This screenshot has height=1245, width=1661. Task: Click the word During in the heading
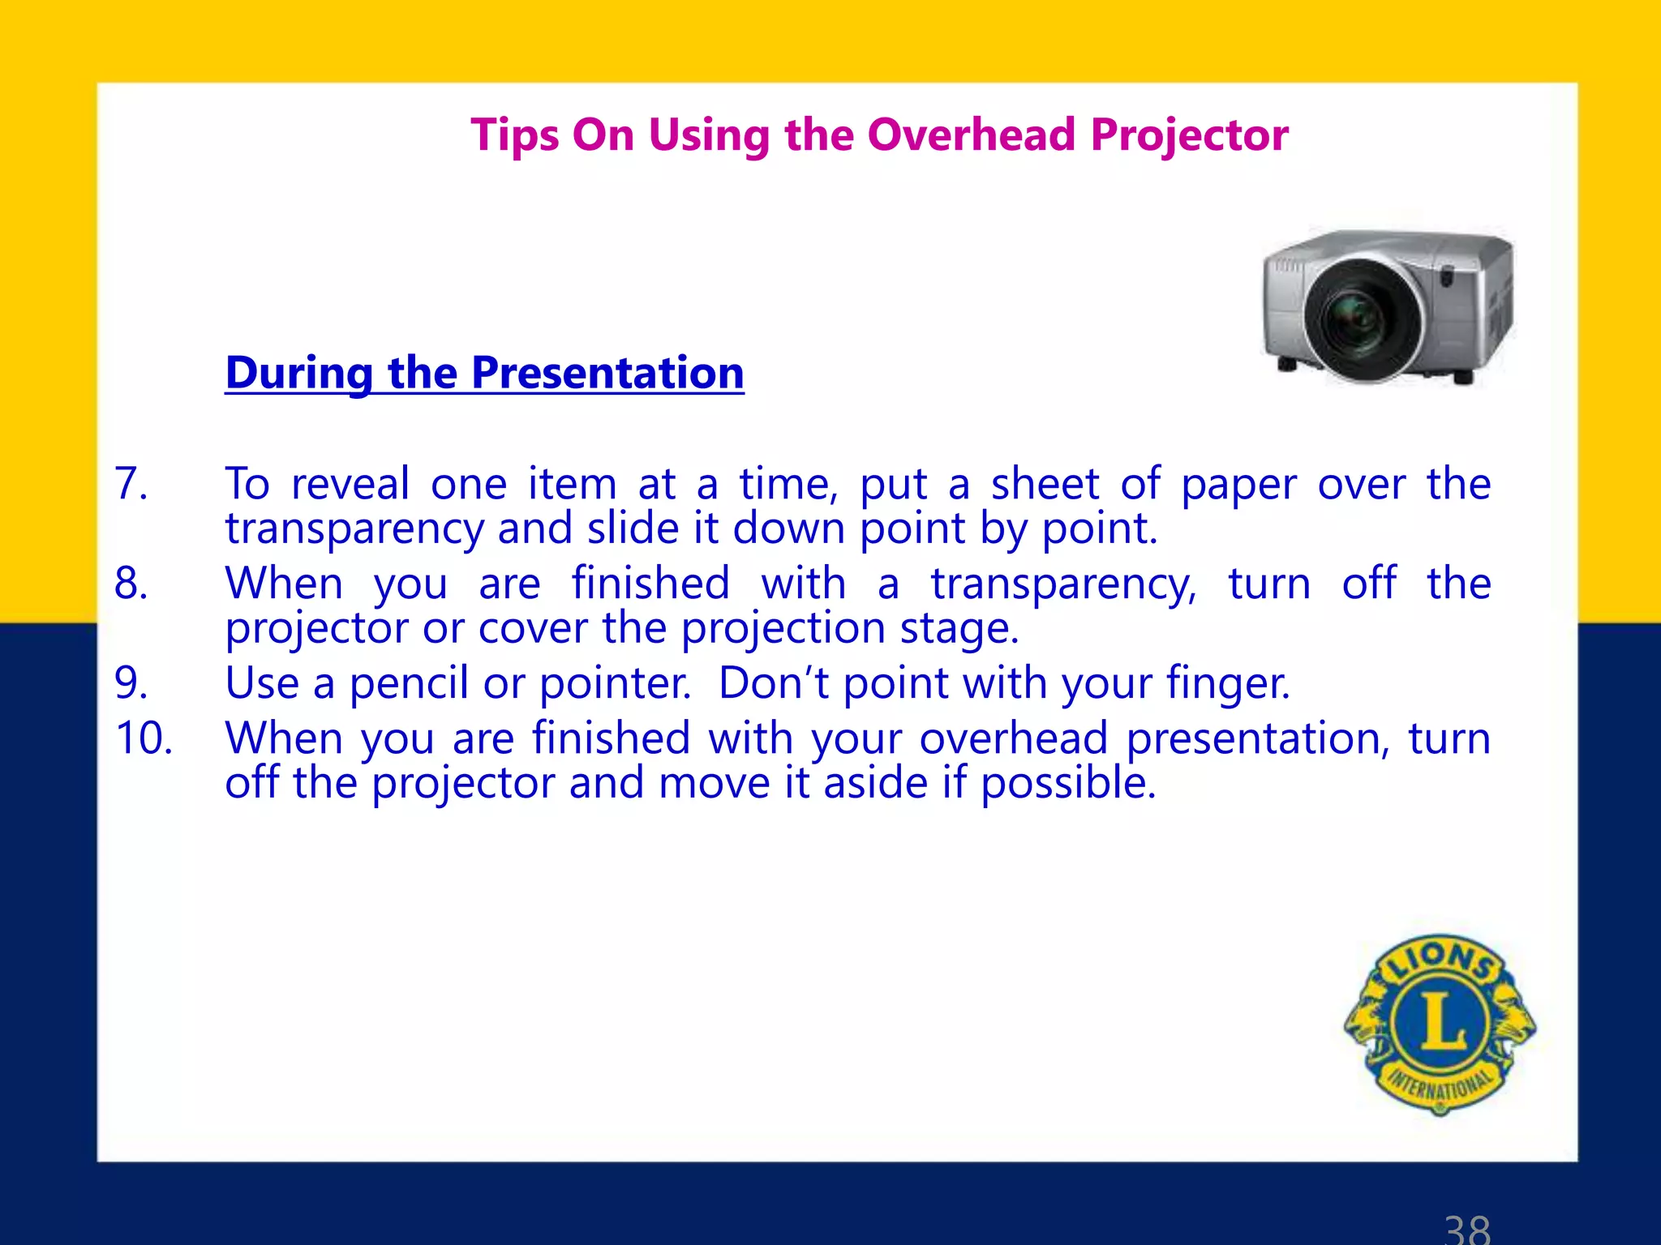point(299,373)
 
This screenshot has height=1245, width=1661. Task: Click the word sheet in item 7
point(1045,484)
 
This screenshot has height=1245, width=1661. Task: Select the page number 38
point(1467,1228)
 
